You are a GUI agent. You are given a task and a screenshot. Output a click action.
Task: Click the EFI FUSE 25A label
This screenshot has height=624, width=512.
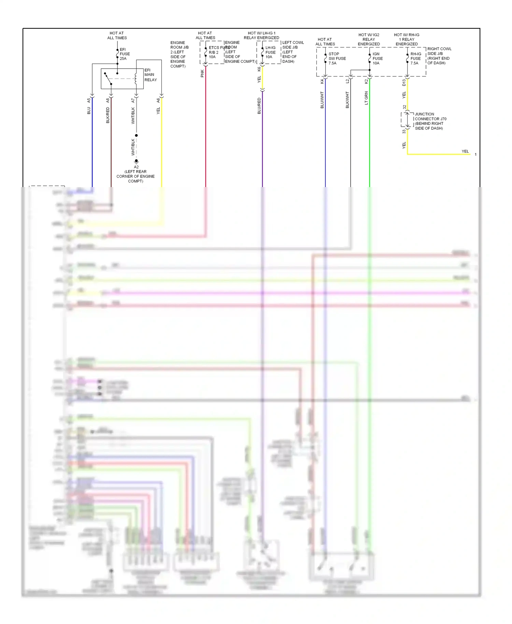pyautogui.click(x=125, y=54)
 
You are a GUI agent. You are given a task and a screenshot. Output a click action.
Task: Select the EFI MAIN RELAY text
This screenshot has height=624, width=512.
pyautogui.click(x=150, y=75)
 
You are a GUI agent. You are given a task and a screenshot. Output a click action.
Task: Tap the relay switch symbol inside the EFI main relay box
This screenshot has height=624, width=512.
pyautogui.click(x=108, y=79)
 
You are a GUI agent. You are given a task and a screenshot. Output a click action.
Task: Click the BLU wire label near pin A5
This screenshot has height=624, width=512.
pyautogui.click(x=89, y=111)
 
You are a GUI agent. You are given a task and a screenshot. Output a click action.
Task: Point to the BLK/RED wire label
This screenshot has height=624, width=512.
pyautogui.click(x=108, y=115)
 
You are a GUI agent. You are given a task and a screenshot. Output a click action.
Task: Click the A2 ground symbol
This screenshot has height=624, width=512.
pyautogui.click(x=136, y=161)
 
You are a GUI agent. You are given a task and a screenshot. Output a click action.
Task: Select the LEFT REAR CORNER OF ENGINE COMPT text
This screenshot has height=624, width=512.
pyautogui.click(x=136, y=176)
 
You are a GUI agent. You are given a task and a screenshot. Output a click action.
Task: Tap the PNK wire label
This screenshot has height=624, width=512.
pyautogui.click(x=202, y=73)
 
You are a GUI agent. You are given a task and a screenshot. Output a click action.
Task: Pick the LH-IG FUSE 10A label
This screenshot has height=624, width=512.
pyautogui.click(x=270, y=52)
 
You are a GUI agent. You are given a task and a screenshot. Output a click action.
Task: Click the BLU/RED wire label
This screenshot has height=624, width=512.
pyautogui.click(x=259, y=106)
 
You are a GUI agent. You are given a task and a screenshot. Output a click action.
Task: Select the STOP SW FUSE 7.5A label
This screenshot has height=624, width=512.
pyautogui.click(x=337, y=58)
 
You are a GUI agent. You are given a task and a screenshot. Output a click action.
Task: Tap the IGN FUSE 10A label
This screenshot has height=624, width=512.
pyautogui.click(x=377, y=58)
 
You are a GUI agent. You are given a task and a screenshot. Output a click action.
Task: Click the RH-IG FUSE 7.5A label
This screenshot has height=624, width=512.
pyautogui.click(x=415, y=58)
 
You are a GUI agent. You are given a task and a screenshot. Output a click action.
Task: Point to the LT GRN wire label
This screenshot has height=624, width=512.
pyautogui.click(x=366, y=98)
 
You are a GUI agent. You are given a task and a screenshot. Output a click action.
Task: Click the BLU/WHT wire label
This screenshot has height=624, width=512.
pyautogui.click(x=322, y=100)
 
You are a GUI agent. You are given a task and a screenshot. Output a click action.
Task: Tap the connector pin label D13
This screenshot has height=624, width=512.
pyautogui.click(x=404, y=82)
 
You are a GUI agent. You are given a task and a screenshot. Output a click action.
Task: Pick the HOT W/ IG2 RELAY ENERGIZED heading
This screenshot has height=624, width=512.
pyautogui.click(x=369, y=39)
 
